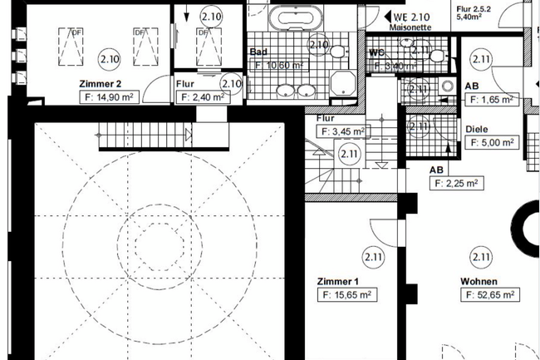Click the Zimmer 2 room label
[x=101, y=84]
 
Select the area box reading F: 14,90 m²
[x=110, y=97]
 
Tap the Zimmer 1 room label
[x=340, y=282]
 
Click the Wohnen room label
[x=479, y=281]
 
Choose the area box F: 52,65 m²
[x=490, y=294]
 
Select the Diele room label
[x=476, y=129]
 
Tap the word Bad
[x=258, y=51]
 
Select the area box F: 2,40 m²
[x=201, y=97]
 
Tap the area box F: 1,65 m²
[x=490, y=99]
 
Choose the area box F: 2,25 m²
[x=454, y=183]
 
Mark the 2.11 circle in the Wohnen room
[x=479, y=255]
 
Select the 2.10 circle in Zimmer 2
[x=109, y=59]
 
